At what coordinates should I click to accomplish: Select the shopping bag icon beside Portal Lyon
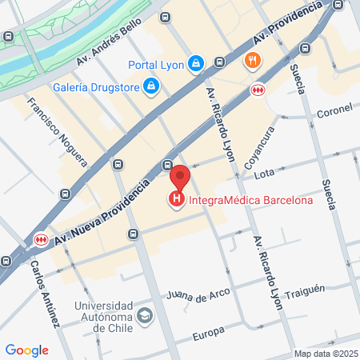[197, 62]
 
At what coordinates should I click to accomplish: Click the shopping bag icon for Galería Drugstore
[152, 85]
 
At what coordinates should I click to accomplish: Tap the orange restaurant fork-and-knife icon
[253, 60]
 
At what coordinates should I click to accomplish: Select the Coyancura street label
[259, 145]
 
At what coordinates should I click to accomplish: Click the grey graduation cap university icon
[144, 315]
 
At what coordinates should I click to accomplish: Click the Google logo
[26, 350]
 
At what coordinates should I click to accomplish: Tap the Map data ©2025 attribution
[325, 354]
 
